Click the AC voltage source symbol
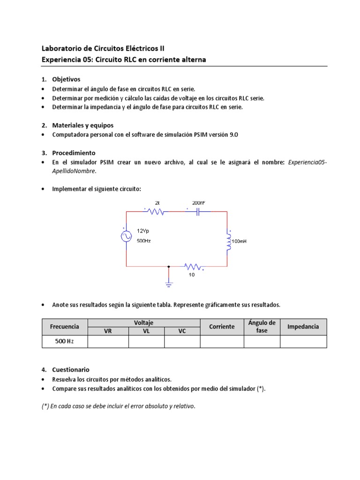[127, 236]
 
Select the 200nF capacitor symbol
[198, 211]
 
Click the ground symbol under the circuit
[169, 283]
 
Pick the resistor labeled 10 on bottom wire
[193, 267]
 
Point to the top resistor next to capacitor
[156, 211]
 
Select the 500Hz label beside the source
[144, 240]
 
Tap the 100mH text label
[239, 241]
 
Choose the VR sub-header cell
[108, 330]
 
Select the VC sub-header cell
[182, 330]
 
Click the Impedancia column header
[303, 326]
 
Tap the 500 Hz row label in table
[64, 341]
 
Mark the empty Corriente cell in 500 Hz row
[222, 341]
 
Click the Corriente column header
[222, 326]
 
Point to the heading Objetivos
[66, 79]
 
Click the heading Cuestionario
[70, 369]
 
